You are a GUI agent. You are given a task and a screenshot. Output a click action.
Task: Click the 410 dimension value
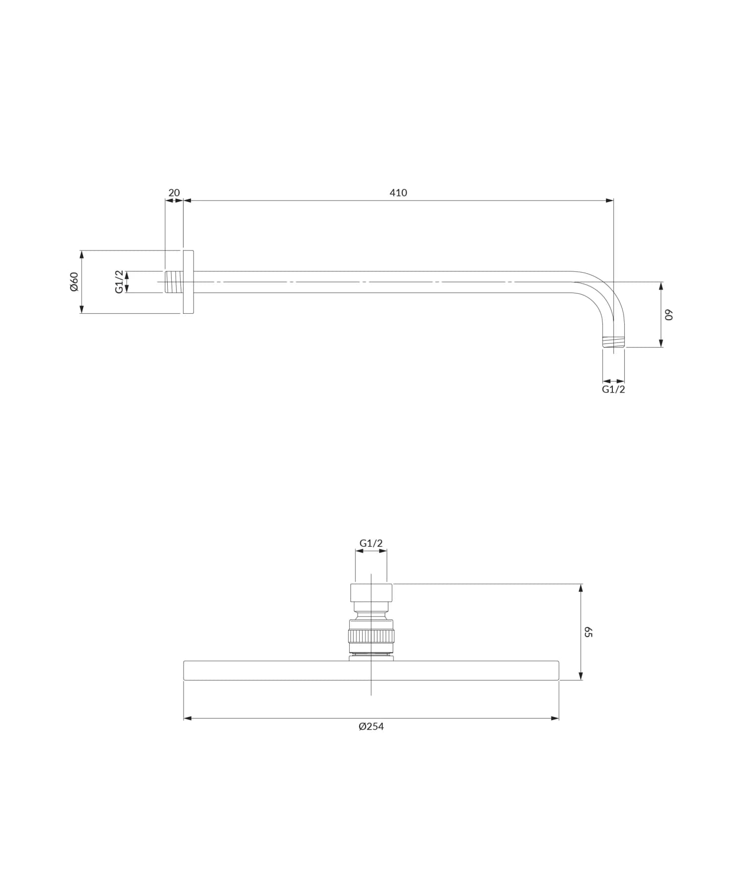point(398,193)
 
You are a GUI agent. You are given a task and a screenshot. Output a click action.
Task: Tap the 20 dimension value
point(174,193)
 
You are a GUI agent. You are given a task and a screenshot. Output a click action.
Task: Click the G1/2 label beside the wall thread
point(119,282)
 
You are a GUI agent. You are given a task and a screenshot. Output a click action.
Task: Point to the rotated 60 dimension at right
point(669,315)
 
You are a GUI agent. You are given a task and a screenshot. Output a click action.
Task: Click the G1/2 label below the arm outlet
point(613,390)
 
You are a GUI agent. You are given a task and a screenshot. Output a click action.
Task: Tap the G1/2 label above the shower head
point(371,543)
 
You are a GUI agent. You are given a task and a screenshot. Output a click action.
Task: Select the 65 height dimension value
point(588,632)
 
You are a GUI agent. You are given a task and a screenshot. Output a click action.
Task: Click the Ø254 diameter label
point(371,727)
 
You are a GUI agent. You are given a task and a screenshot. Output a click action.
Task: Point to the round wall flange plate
point(188,282)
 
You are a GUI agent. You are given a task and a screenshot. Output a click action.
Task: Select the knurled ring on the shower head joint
point(371,636)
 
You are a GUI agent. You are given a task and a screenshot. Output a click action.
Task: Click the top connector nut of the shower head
point(371,593)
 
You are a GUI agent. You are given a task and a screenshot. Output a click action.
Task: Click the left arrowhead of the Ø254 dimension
point(187,718)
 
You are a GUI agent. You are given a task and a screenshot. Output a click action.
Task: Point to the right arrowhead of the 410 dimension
point(610,200)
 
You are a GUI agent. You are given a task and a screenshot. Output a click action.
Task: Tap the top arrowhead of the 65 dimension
point(581,588)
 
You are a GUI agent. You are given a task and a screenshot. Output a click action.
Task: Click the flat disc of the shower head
point(297,671)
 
